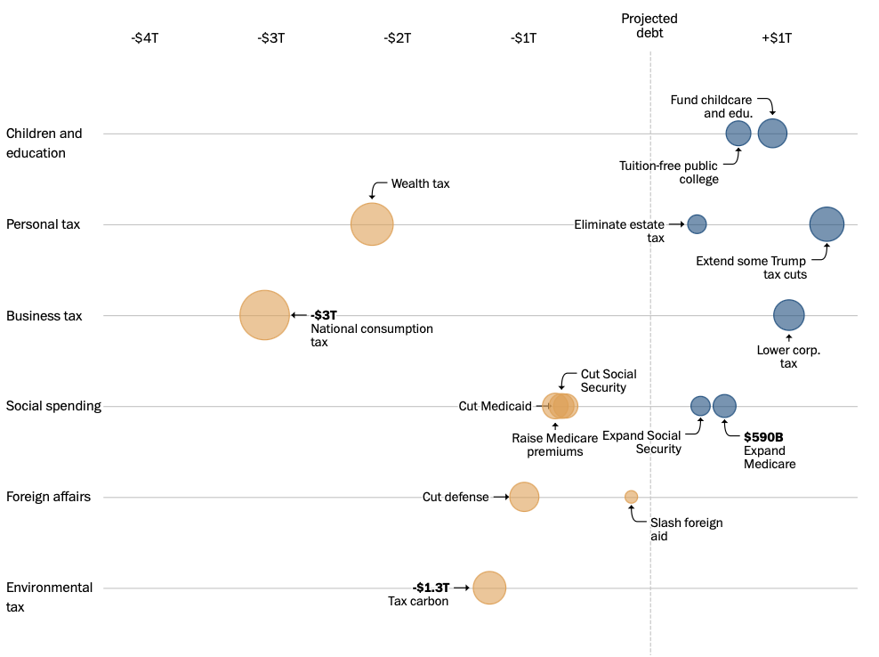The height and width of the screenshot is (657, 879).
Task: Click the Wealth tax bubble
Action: (x=372, y=224)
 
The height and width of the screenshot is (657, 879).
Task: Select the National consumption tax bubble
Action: (x=264, y=315)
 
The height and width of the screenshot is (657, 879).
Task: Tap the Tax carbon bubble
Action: (x=489, y=588)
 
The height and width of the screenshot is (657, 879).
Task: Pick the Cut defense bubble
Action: (x=524, y=497)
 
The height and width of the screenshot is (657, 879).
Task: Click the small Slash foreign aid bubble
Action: (x=631, y=497)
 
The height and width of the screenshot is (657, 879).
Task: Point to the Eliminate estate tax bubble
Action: (x=697, y=224)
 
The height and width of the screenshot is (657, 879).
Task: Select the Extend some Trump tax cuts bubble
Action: (x=827, y=224)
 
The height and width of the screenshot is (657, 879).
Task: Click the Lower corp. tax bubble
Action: (x=788, y=315)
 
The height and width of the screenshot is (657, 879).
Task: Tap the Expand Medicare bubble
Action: (x=724, y=406)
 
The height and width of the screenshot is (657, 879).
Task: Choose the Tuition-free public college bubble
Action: (x=738, y=134)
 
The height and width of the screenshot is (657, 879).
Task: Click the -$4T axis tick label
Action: (x=145, y=37)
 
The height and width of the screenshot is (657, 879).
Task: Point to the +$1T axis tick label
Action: (x=777, y=37)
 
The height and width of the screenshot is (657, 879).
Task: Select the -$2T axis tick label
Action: (x=398, y=37)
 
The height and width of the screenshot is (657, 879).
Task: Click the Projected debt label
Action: (x=649, y=26)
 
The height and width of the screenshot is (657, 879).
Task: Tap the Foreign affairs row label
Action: (x=48, y=497)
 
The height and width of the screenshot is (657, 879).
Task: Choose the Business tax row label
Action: (x=44, y=315)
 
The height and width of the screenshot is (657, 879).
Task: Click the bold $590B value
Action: (x=763, y=437)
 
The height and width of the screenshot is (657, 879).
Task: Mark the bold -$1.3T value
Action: (x=431, y=588)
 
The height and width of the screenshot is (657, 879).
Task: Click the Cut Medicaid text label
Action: (x=495, y=406)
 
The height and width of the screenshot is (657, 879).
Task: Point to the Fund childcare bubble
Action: (x=772, y=134)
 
